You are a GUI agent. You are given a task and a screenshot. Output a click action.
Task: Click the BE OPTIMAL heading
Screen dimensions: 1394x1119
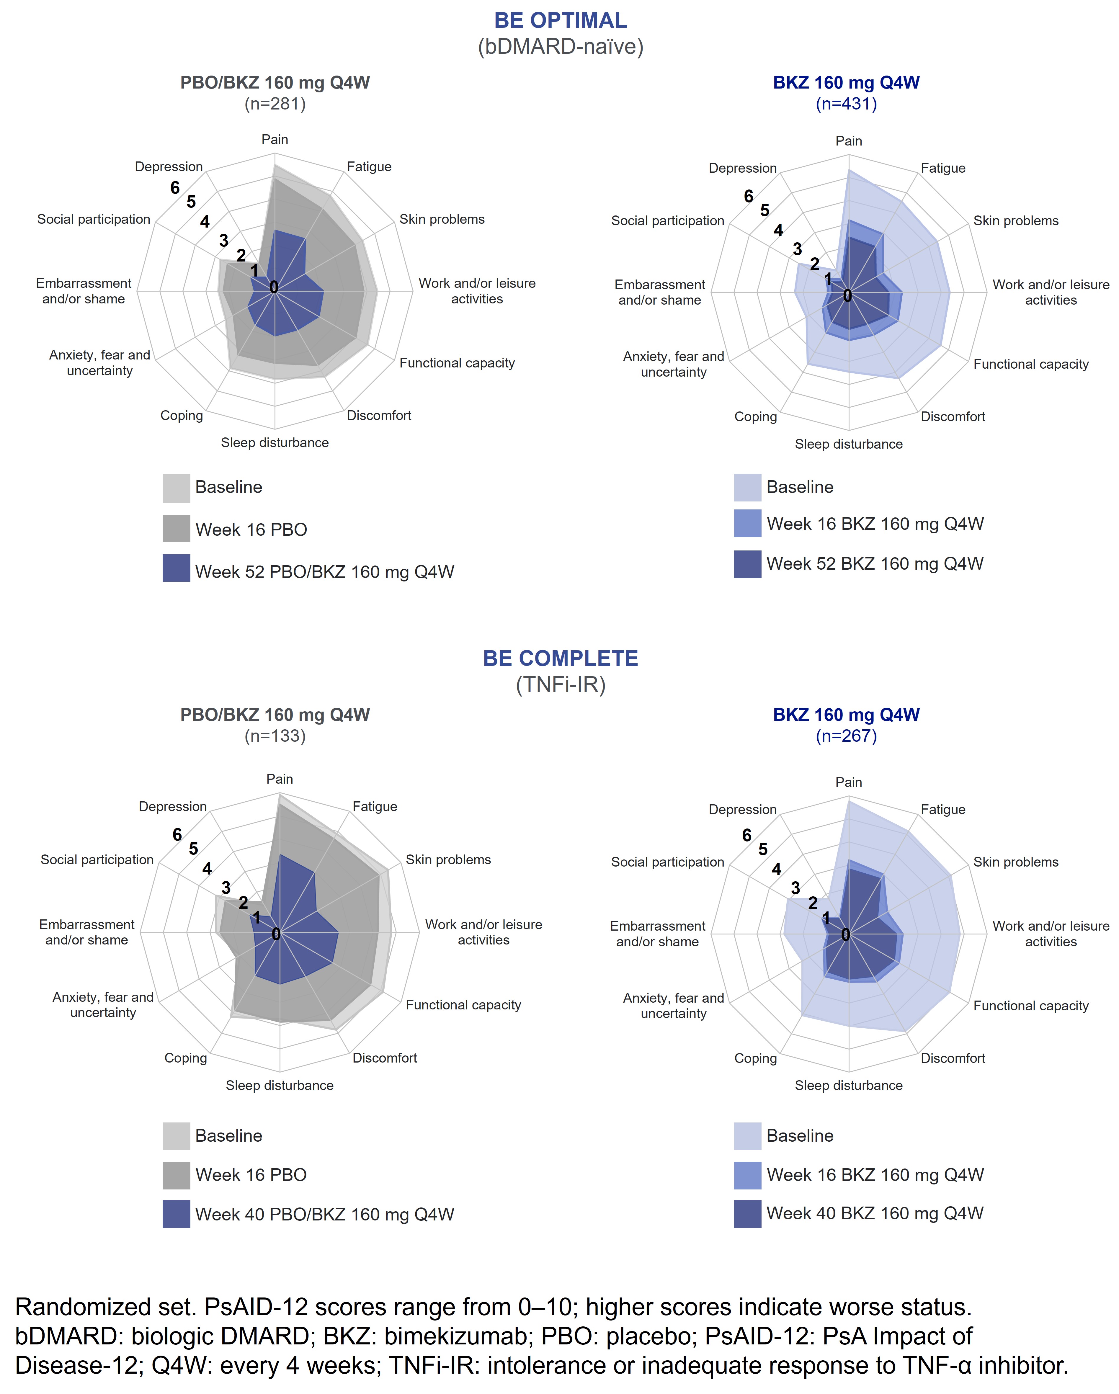point(560,21)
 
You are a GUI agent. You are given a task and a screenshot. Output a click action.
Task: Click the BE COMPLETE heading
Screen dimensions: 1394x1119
point(560,658)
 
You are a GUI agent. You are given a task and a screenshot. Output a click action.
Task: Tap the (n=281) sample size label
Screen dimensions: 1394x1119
point(275,104)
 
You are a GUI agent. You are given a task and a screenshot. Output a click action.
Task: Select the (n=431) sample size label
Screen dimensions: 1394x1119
point(846,104)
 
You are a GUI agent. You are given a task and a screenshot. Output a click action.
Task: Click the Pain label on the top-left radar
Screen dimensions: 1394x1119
point(275,140)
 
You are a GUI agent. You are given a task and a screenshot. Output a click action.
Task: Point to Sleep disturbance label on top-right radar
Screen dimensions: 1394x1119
point(848,444)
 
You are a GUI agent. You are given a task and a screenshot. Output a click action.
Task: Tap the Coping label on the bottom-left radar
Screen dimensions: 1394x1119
point(186,1058)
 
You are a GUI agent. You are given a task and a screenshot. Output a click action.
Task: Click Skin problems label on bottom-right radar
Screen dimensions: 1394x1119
point(1016,862)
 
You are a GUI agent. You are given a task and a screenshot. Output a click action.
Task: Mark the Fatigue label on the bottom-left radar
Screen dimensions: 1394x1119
point(374,806)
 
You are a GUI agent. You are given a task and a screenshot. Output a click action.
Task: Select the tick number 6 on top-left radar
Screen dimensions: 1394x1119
point(174,187)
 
